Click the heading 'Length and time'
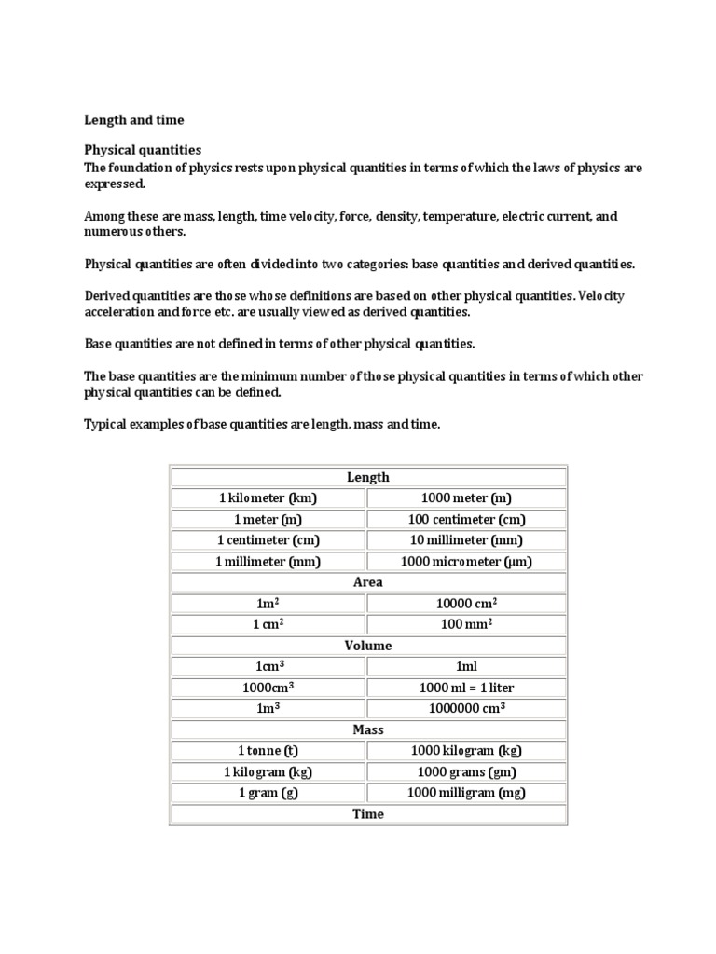tap(134, 120)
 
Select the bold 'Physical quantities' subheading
tap(143, 150)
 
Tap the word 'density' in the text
tap(397, 216)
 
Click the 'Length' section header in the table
tap(367, 477)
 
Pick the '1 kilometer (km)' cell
tap(268, 498)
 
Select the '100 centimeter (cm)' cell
tap(466, 520)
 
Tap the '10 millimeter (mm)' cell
tap(466, 540)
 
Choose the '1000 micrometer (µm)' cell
tap(466, 562)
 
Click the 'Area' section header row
tap(367, 582)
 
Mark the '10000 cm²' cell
tap(466, 604)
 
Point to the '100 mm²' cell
tap(466, 624)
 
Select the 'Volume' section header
tap(367, 646)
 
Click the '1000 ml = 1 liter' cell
tap(466, 688)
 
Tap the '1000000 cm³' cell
tap(466, 708)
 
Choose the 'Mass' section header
tap(367, 729)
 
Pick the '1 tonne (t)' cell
tap(268, 751)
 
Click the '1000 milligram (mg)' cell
tap(466, 793)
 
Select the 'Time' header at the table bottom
tap(367, 813)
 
